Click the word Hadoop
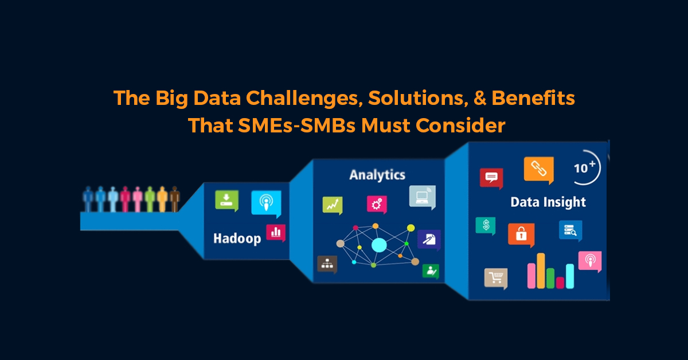(237, 238)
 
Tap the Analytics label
(377, 175)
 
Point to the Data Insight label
(548, 202)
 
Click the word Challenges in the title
(303, 98)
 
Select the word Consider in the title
(460, 126)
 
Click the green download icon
(227, 201)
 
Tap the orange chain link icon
(539, 170)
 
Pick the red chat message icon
(491, 178)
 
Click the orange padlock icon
(521, 234)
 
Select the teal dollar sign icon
(486, 226)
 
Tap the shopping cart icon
(496, 278)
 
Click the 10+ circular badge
(585, 168)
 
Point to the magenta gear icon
(377, 204)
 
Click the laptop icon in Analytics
(423, 197)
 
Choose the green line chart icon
(333, 205)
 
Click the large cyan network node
(379, 245)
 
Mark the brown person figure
(175, 199)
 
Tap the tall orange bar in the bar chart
(541, 271)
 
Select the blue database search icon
(570, 230)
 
